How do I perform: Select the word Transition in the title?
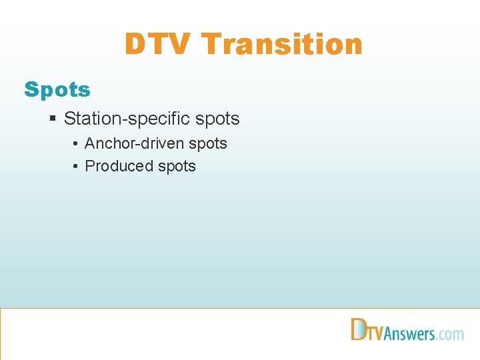tap(282, 45)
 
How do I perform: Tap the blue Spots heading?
tap(57, 89)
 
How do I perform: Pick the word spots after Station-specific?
tap(217, 119)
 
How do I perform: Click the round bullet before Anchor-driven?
tap(77, 144)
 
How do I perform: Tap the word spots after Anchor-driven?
tap(207, 144)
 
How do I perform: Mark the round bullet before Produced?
tap(77, 167)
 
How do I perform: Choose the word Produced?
tap(119, 166)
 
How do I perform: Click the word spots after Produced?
tap(176, 167)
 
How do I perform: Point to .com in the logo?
tap(451, 333)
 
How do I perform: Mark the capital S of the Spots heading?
tap(31, 89)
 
